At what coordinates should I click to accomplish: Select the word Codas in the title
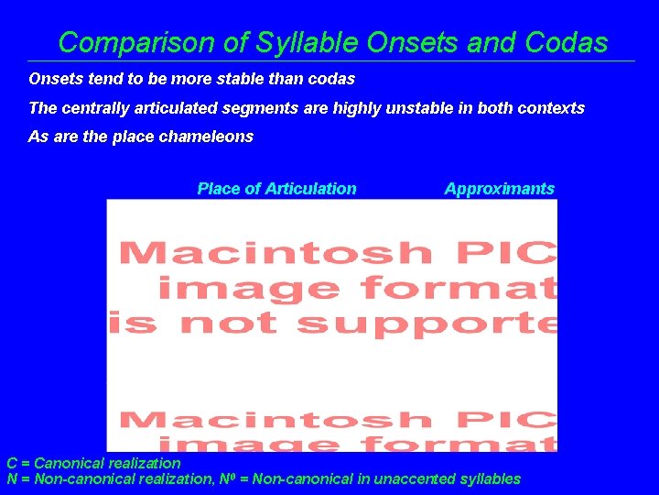click(567, 42)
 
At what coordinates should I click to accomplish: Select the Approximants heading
click(499, 189)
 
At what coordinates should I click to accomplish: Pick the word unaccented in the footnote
click(419, 478)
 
